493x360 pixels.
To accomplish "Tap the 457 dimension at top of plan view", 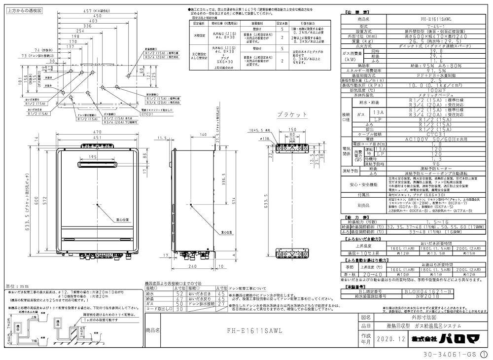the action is click(x=89, y=10).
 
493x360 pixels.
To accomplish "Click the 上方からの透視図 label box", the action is click(x=25, y=10).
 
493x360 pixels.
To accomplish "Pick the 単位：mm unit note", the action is click(x=16, y=286).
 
